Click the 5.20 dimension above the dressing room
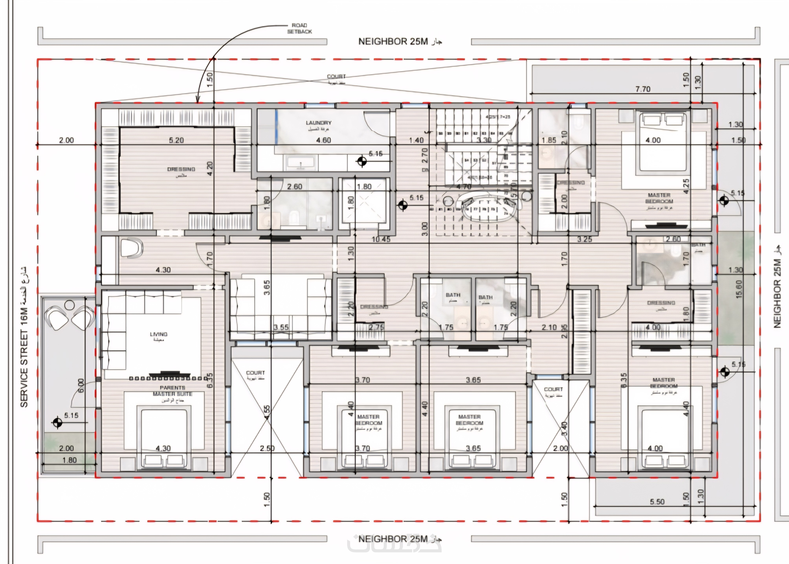[176, 140]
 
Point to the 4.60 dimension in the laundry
[323, 140]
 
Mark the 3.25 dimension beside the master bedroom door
[584, 239]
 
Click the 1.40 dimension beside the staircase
[416, 140]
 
